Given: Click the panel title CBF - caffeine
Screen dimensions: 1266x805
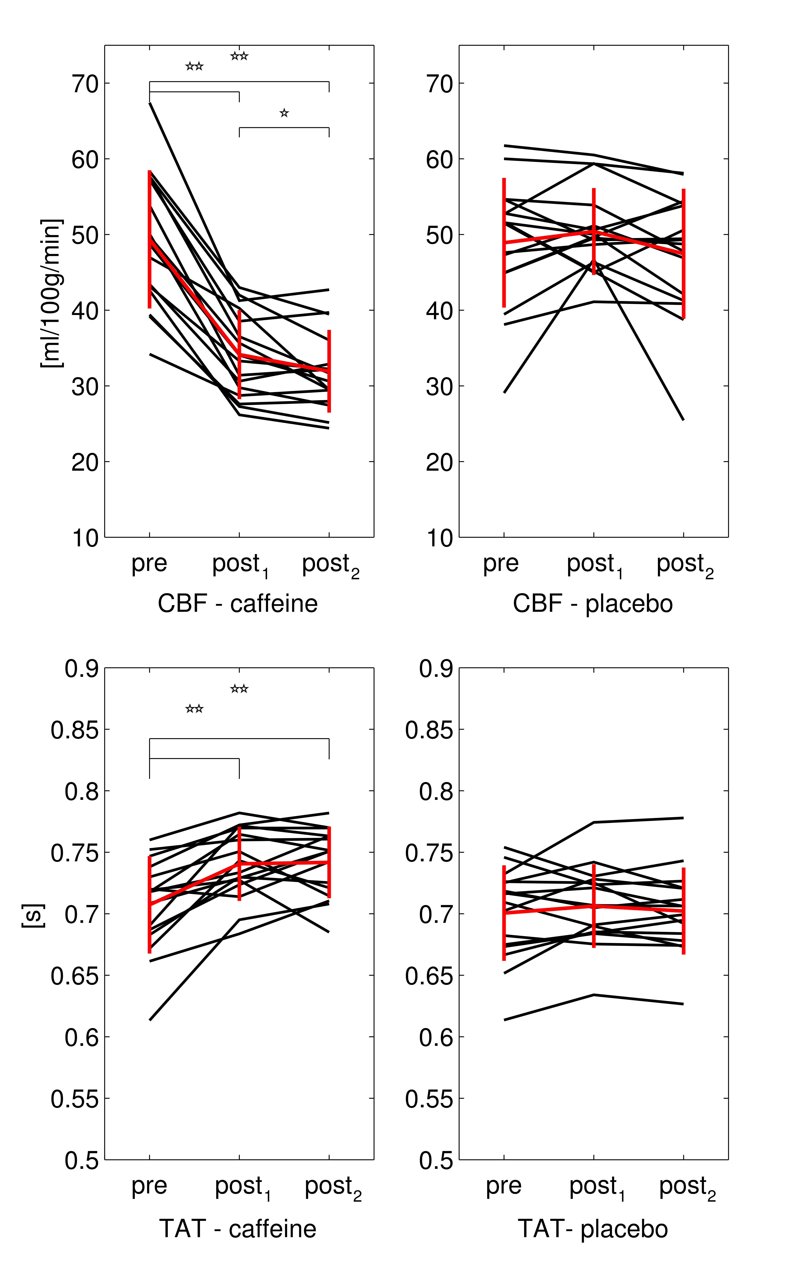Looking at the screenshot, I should tap(238, 604).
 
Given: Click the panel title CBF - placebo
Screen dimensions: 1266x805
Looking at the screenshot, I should tap(593, 604).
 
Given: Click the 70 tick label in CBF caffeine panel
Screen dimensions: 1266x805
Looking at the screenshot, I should tap(85, 84).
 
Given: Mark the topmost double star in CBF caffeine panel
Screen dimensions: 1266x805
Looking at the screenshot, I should tap(239, 56).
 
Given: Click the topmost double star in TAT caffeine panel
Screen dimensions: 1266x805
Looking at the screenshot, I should tap(239, 689).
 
